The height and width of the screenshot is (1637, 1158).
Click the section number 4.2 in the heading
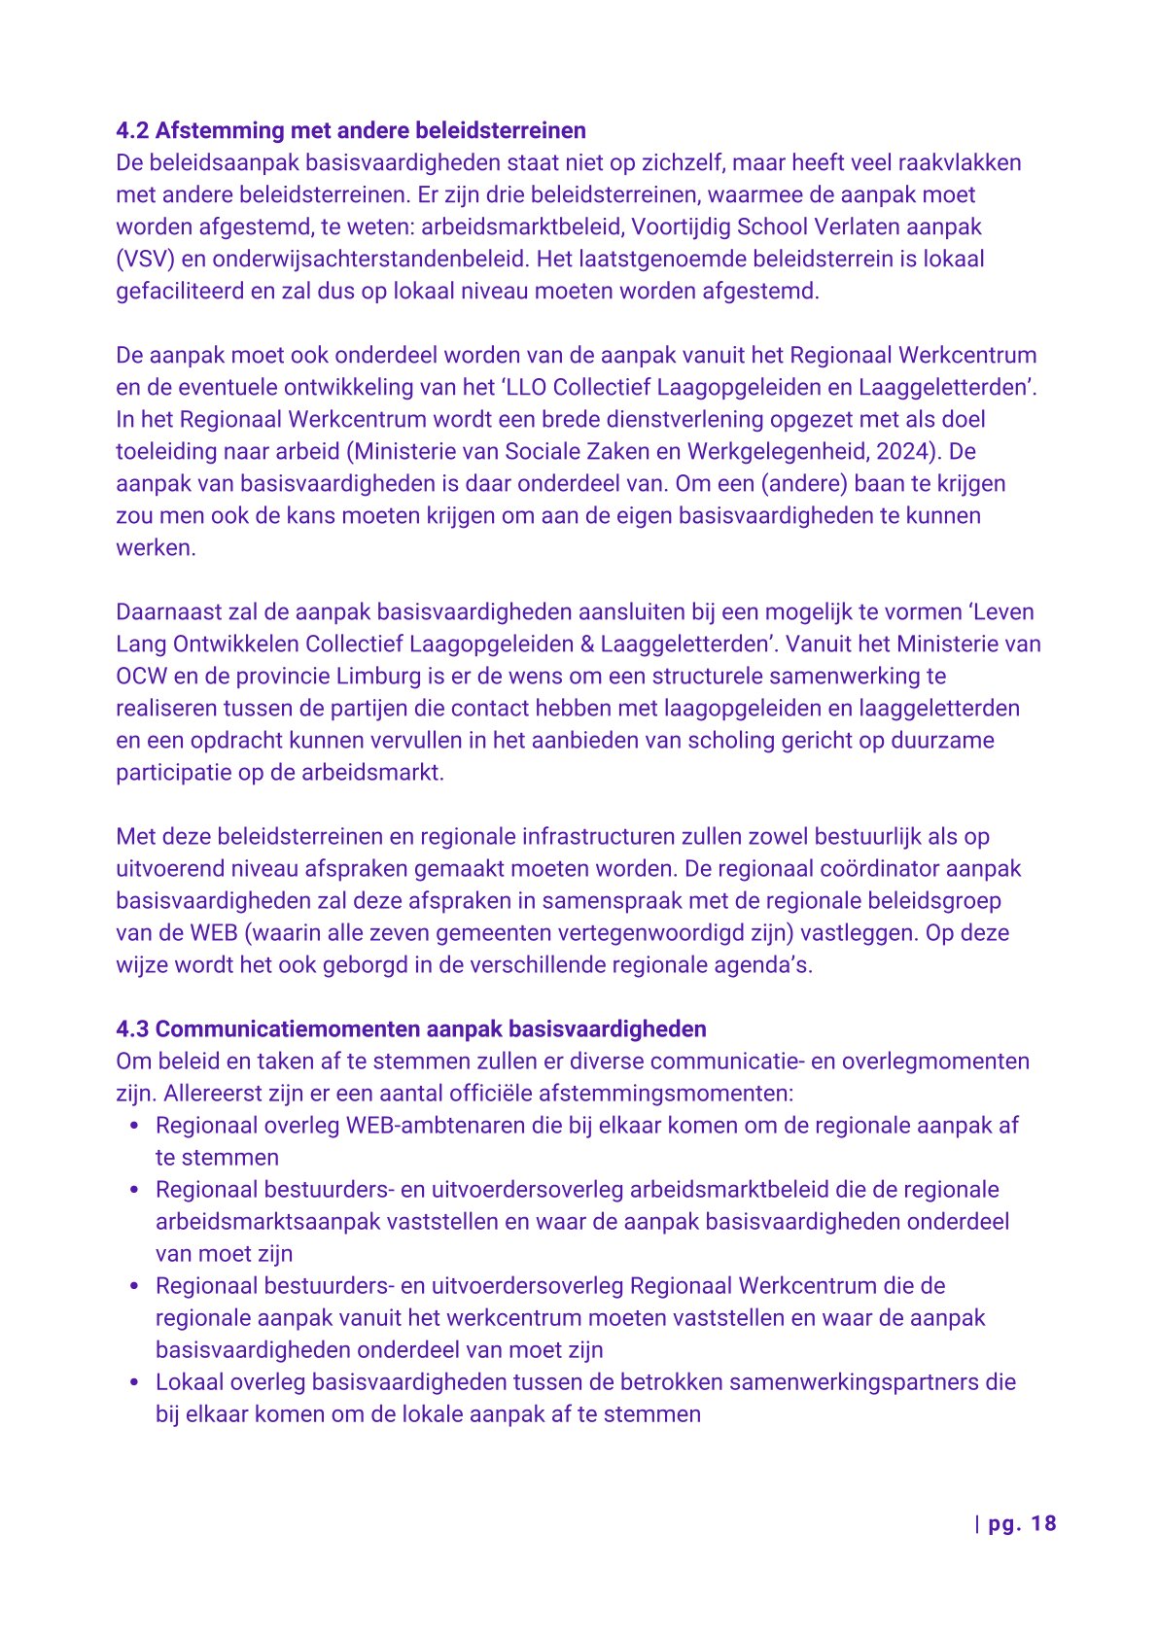click(x=132, y=130)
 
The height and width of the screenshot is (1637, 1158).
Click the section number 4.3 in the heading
click(x=132, y=1028)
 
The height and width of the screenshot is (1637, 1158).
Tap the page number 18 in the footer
click(x=1043, y=1523)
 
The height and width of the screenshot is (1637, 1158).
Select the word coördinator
click(x=882, y=868)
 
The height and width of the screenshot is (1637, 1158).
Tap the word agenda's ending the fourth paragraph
click(x=763, y=964)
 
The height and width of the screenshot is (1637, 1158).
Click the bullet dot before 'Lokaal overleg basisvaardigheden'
click(x=135, y=1381)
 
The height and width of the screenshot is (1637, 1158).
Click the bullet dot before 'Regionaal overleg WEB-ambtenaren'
click(x=135, y=1125)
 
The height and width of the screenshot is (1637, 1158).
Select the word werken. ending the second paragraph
click(x=156, y=547)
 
